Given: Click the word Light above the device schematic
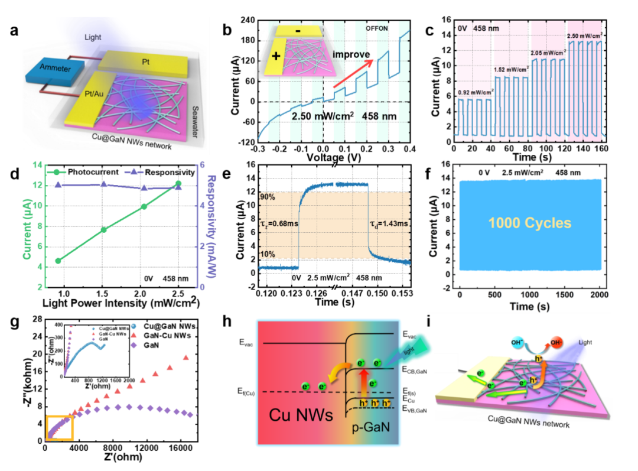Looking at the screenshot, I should tap(93, 37).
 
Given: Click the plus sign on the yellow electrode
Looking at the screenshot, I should tap(276, 57).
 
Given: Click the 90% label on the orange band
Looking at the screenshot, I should tap(268, 197).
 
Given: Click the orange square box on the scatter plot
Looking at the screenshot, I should tap(60, 427).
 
